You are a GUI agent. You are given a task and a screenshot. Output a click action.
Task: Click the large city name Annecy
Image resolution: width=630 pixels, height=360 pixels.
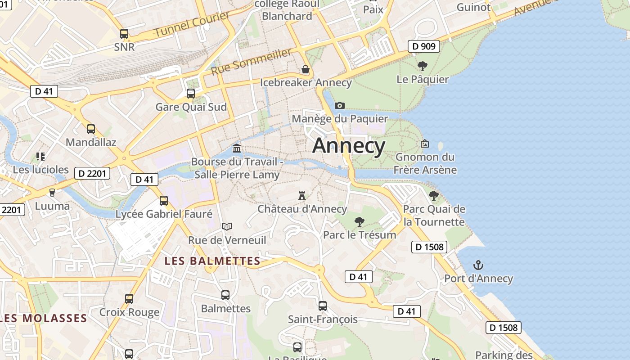(349, 146)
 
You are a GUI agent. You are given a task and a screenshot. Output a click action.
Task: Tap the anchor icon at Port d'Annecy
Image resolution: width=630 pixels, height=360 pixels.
(478, 265)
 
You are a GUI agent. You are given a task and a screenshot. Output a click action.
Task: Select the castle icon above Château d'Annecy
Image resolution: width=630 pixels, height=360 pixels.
(302, 196)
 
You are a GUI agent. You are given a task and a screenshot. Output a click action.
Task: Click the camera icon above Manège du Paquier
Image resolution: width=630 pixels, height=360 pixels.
(340, 105)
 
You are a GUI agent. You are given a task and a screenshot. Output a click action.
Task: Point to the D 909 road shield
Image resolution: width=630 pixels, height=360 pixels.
(424, 46)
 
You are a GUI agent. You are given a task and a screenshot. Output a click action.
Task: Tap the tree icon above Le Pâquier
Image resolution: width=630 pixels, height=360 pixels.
(423, 66)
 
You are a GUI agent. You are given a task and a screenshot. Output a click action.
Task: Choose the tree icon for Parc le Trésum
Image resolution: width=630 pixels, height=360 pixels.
(359, 221)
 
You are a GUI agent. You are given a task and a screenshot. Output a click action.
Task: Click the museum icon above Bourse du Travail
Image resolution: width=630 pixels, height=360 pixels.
(236, 148)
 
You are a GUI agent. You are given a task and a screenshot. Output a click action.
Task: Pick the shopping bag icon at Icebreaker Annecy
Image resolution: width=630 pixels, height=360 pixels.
(306, 69)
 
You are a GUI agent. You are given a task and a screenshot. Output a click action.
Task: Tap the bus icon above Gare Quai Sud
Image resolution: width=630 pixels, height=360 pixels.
(191, 94)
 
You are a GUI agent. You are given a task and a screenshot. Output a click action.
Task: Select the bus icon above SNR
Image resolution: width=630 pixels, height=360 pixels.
(124, 34)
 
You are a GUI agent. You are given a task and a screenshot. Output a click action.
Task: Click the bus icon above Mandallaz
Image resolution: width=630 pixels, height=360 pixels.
(91, 129)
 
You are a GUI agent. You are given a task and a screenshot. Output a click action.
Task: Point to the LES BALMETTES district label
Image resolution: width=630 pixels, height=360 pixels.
(212, 261)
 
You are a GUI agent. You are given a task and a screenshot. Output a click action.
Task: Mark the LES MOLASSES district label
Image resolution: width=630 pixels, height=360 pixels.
(44, 318)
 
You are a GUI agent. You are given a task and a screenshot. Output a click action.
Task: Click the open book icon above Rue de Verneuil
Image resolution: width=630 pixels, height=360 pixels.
(227, 226)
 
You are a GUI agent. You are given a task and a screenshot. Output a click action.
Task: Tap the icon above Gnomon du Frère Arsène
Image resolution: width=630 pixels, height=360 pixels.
(424, 144)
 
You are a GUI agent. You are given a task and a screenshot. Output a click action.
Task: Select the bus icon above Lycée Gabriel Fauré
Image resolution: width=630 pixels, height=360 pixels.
(164, 201)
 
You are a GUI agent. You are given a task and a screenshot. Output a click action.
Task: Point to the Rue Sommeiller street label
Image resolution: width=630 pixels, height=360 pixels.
(251, 62)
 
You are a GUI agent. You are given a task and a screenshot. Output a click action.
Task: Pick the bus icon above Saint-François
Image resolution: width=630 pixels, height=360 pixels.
(323, 306)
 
